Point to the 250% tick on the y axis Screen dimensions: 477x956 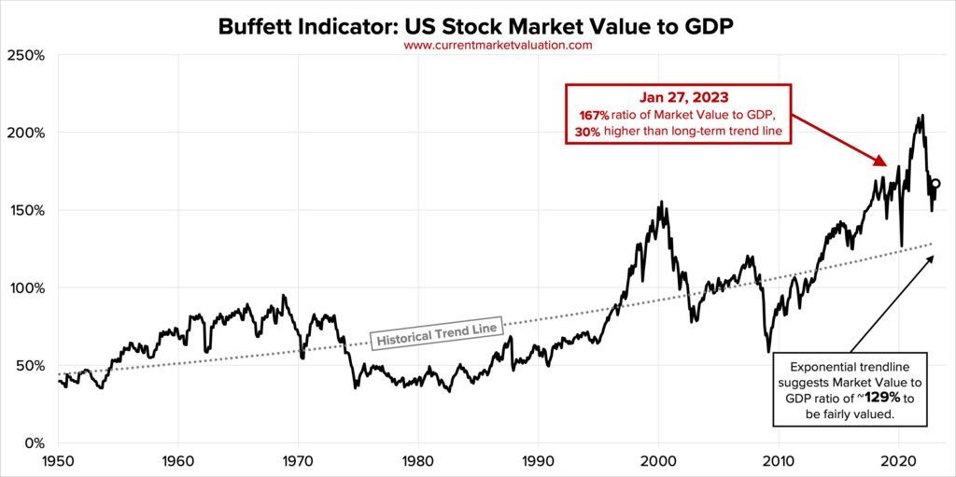(28, 55)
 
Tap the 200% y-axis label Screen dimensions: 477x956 (28, 133)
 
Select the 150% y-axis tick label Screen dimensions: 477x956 (28, 210)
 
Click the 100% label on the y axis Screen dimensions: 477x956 (28, 288)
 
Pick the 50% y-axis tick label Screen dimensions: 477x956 (32, 365)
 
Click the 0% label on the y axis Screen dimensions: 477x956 (35, 442)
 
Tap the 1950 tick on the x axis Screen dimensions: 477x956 (58, 461)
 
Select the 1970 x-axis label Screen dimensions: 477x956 (298, 461)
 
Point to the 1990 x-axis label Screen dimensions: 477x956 (538, 461)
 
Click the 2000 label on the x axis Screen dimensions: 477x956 (658, 461)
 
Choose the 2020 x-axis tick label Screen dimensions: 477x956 (898, 461)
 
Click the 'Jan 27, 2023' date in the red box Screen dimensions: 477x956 (677, 97)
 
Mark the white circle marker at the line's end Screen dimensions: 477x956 (936, 184)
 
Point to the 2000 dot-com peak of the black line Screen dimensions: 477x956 (661, 202)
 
